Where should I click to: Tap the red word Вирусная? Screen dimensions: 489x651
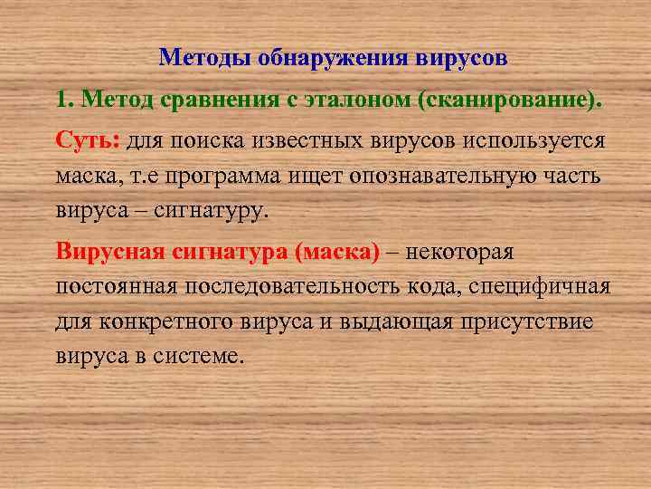pyautogui.click(x=110, y=252)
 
